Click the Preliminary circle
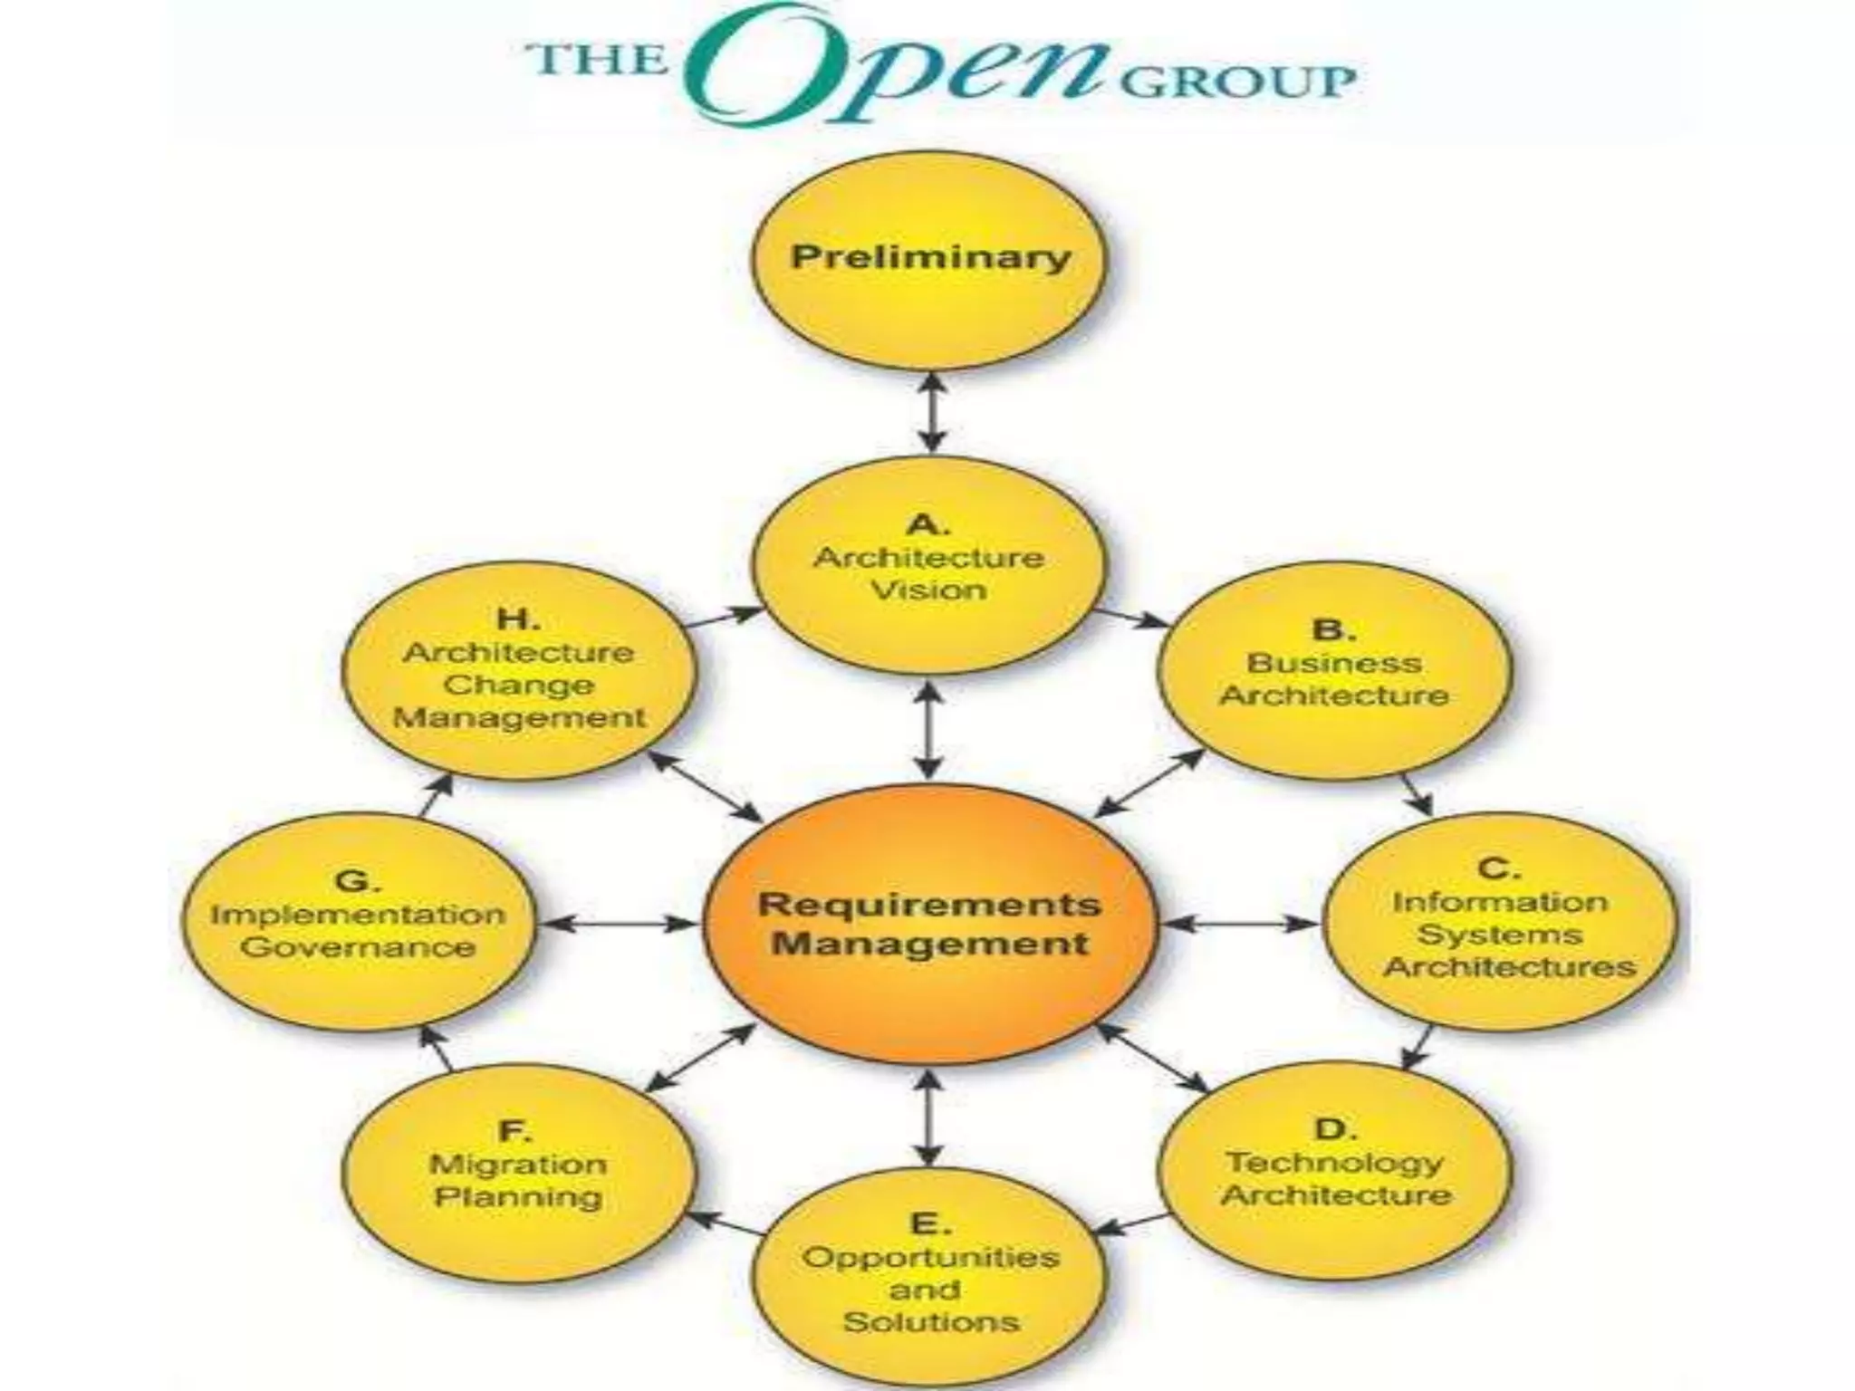[x=930, y=259]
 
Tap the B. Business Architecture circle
[x=1334, y=670]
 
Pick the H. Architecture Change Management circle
[x=519, y=670]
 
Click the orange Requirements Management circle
[x=930, y=924]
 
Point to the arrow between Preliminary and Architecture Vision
[x=933, y=413]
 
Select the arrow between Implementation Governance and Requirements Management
[x=620, y=924]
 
